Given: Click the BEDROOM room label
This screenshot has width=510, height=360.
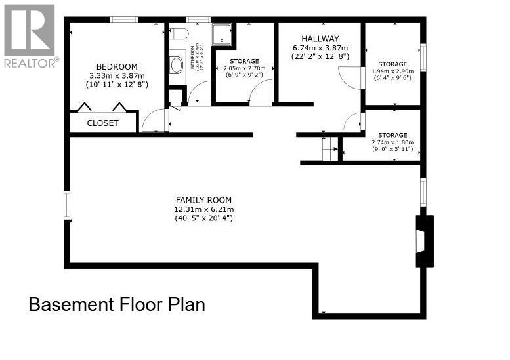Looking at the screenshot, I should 117,66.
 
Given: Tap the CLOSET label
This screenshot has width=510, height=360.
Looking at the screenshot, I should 103,123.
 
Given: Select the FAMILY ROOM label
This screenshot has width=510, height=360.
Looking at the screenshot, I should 203,200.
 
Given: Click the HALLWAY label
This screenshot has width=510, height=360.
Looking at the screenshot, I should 320,39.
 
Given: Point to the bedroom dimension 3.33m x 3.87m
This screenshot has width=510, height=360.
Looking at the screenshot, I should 117,75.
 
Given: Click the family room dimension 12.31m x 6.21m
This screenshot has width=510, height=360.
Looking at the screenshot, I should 203,209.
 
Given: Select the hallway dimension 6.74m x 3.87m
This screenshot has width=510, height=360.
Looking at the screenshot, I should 320,48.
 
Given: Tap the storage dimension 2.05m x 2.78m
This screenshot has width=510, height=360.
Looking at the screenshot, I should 244,68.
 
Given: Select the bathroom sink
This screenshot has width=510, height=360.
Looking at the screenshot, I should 177,65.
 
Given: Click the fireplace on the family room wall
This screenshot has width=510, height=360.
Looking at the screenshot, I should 424,241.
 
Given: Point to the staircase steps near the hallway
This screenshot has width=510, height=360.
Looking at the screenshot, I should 329,150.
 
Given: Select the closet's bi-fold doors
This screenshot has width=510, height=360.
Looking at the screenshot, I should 102,108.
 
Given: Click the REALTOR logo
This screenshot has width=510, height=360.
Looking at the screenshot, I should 30,36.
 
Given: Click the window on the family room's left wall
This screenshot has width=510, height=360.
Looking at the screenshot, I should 66,206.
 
